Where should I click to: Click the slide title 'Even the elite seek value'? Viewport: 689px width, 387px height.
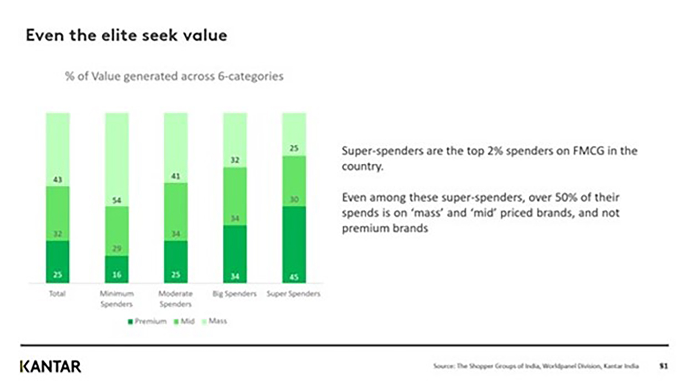[127, 35]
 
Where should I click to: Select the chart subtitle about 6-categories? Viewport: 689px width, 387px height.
[174, 76]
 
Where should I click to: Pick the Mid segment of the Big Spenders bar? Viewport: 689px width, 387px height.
[235, 196]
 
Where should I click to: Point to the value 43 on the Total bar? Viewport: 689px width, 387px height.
[58, 180]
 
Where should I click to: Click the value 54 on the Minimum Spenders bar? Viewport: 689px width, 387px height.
[117, 200]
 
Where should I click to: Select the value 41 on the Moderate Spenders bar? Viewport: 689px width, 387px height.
[176, 176]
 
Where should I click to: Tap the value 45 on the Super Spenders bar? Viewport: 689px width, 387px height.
[294, 277]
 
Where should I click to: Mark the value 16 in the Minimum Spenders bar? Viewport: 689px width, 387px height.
[117, 275]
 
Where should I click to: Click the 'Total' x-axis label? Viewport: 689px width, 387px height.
[58, 294]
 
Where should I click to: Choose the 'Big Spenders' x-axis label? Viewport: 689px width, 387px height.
[235, 294]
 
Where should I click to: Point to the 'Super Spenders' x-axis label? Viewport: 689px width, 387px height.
[294, 294]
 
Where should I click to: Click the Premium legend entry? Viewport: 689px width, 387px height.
[147, 321]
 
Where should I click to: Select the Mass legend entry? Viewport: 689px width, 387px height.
[215, 321]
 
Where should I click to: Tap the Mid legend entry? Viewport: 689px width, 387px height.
[185, 321]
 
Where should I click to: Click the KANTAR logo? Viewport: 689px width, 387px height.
[50, 367]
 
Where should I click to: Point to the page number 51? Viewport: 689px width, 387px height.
[663, 366]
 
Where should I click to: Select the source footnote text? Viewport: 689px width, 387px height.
[536, 366]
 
